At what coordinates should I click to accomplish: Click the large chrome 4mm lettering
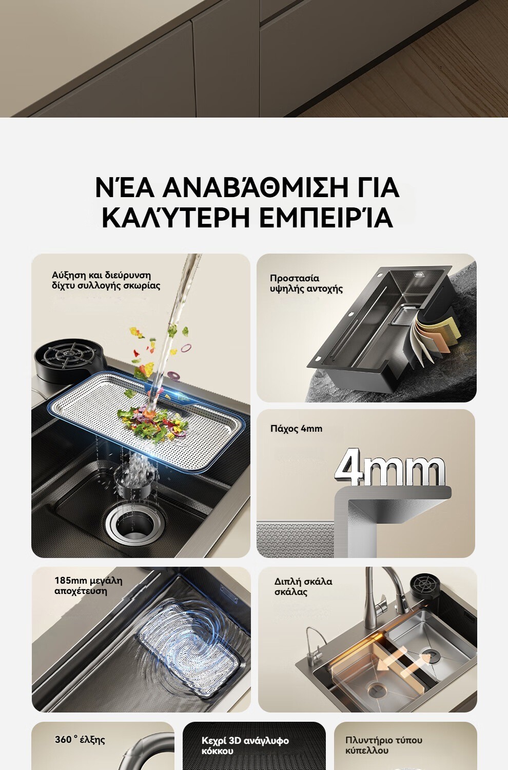click(x=390, y=468)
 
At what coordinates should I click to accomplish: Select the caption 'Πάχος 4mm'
click(x=296, y=429)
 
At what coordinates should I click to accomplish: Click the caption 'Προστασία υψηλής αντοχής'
click(x=306, y=283)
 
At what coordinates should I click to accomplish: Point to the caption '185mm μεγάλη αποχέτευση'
click(x=88, y=586)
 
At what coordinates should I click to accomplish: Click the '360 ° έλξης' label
click(x=80, y=739)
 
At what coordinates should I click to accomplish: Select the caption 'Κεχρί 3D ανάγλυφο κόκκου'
click(x=245, y=745)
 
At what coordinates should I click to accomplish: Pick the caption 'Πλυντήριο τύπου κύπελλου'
click(x=384, y=745)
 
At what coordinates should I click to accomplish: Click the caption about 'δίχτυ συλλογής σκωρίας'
click(x=106, y=280)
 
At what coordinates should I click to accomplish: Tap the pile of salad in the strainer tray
click(x=153, y=423)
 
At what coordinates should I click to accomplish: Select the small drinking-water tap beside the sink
click(x=315, y=647)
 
